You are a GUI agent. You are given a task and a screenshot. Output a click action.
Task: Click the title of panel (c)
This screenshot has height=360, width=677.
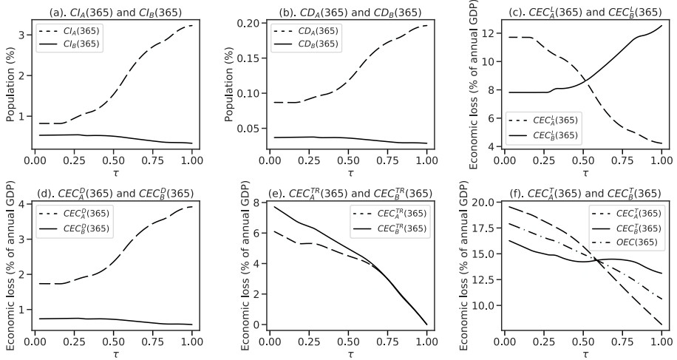(x=585, y=12)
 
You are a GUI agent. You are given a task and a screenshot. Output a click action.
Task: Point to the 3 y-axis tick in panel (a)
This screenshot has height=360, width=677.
(x=22, y=34)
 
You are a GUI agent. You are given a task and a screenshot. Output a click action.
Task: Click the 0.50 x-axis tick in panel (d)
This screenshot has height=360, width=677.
(x=112, y=342)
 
